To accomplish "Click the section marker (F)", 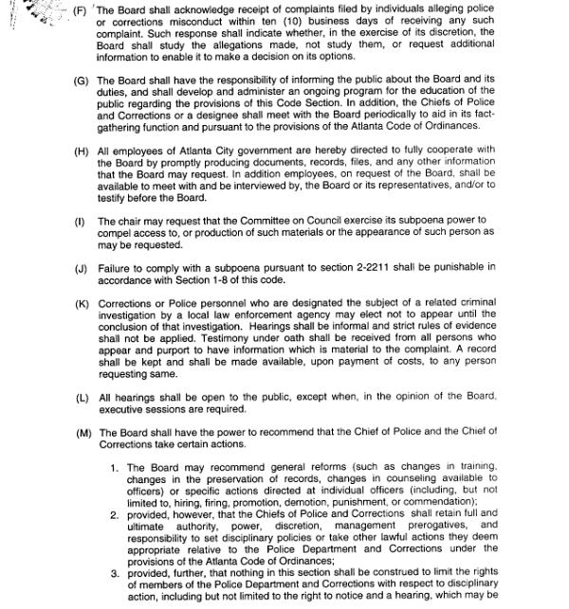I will pos(81,11).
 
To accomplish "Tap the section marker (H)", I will pos(82,150).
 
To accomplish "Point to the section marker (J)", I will pos(82,269).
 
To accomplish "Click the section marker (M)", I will pos(83,432).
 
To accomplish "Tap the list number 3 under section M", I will pos(115,572).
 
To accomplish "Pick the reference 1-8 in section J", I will pos(227,280).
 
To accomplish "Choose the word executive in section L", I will pos(126,409).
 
